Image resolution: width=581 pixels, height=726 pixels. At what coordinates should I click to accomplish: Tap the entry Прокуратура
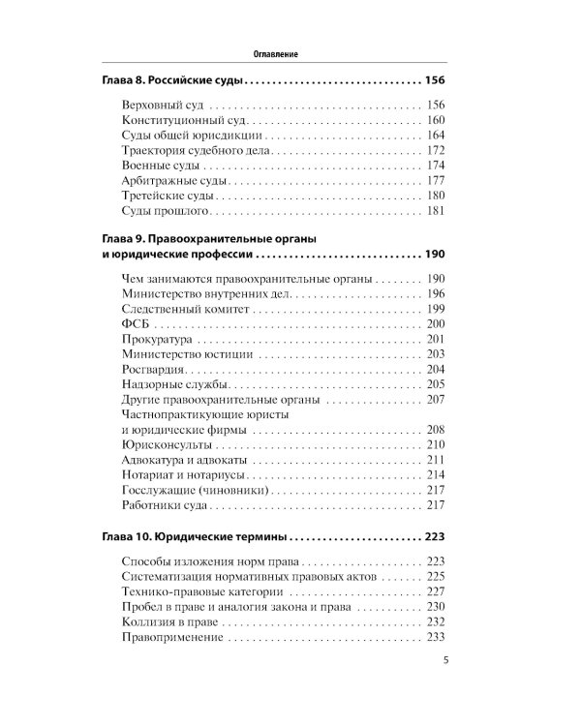[159, 340]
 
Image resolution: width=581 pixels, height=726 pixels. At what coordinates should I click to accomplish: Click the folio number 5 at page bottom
[444, 662]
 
